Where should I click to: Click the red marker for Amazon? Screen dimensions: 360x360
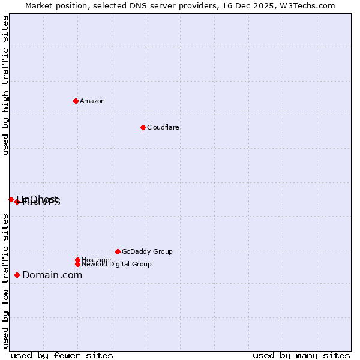click(76, 101)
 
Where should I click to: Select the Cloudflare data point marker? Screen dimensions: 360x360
click(143, 127)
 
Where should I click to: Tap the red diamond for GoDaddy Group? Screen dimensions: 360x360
click(118, 251)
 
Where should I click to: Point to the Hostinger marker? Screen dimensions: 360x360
click(77, 260)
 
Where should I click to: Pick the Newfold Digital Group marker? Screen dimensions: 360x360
click(77, 264)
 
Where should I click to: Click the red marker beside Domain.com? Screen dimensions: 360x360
click(17, 275)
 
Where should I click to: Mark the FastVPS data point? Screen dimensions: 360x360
click(17, 202)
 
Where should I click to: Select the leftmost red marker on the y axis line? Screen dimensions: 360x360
click(11, 199)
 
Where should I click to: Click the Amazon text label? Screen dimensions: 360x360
click(92, 101)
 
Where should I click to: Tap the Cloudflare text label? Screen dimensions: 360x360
click(163, 127)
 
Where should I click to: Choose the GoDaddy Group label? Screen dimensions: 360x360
click(147, 251)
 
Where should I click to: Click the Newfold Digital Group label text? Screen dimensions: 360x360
click(116, 264)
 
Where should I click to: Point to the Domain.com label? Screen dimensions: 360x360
click(52, 275)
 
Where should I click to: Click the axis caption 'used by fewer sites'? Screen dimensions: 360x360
click(61, 355)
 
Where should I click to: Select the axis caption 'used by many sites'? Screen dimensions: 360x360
click(301, 355)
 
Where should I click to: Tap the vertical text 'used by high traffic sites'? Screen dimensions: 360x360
click(5, 85)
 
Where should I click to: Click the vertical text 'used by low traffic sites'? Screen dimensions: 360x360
click(5, 281)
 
